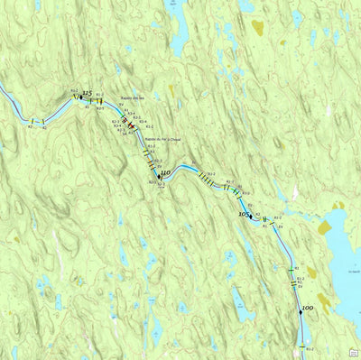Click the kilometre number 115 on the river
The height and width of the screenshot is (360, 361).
pyautogui.click(x=88, y=94)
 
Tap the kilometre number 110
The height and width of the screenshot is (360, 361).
pyautogui.click(x=165, y=172)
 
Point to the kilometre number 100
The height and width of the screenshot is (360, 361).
pyautogui.click(x=308, y=309)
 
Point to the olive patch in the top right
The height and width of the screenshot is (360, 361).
pyautogui.click(x=258, y=28)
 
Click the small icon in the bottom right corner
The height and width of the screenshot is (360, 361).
pyautogui.click(x=355, y=354)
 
